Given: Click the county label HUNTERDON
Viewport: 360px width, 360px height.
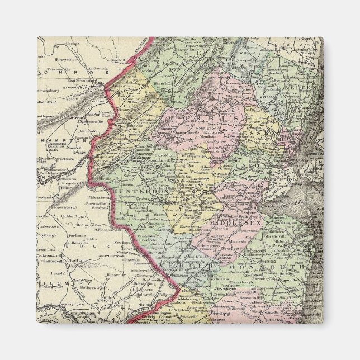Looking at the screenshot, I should (x=133, y=191).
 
